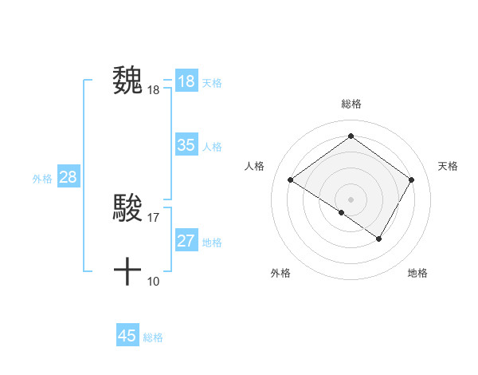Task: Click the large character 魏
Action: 127,81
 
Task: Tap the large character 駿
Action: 127,208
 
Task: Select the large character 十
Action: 127,272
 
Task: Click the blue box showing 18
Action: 186,81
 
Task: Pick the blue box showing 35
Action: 186,145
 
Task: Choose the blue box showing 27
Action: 186,241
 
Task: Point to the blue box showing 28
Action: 68,177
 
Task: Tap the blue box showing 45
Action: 127,336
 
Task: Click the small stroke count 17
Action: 154,217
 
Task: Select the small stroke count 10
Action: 154,281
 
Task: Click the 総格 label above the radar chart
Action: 351,104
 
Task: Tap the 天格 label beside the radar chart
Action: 448,166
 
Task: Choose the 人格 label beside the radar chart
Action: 254,166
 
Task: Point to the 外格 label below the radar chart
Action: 280,273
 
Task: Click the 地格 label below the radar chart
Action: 417,273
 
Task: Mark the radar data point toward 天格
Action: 411,180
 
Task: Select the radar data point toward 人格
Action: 291,180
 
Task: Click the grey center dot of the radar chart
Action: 351,199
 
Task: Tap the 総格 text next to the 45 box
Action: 153,337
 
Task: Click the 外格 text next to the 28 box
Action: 42,179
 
